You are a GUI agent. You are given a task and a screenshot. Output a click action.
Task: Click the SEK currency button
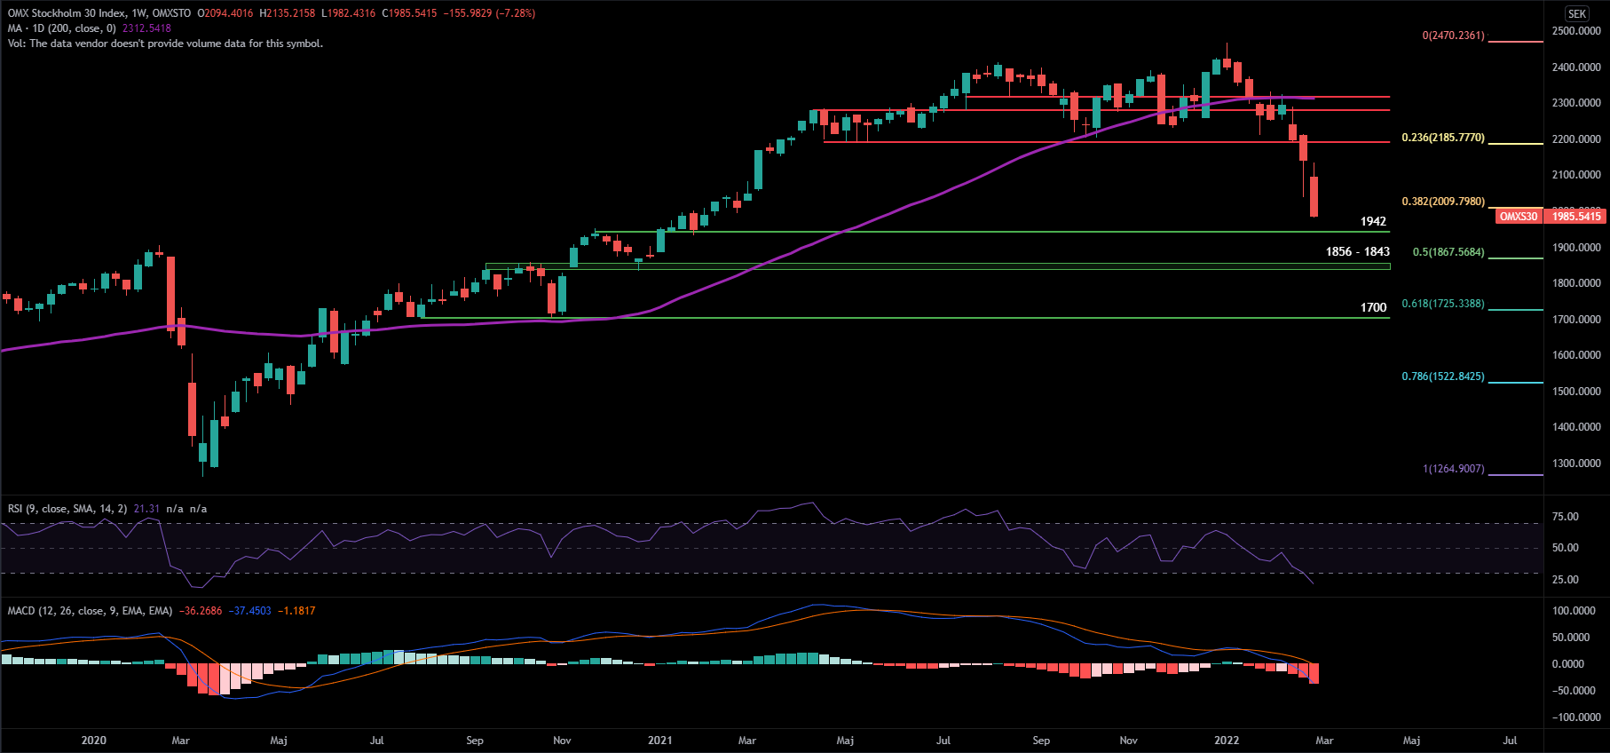click(x=1577, y=13)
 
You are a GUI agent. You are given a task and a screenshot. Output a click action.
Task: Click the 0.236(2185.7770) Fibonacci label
click(x=1442, y=138)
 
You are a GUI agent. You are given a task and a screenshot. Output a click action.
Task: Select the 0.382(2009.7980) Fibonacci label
click(x=1442, y=202)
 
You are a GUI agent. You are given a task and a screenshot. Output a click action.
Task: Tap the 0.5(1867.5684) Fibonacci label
click(x=1448, y=252)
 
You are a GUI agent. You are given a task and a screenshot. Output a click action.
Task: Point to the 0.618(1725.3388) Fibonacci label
click(x=1442, y=304)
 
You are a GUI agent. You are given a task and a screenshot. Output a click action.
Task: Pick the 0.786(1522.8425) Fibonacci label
click(x=1442, y=376)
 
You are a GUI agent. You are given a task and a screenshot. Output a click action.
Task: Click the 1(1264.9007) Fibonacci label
click(x=1453, y=469)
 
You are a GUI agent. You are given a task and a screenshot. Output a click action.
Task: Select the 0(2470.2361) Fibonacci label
click(x=1453, y=36)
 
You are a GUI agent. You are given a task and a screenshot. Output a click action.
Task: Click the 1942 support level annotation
click(x=1373, y=221)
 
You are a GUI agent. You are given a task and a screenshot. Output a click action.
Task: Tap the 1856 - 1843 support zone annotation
click(x=1357, y=251)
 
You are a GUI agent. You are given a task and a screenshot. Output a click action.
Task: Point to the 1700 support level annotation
click(x=1373, y=307)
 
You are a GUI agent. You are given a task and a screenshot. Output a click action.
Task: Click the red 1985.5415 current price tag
click(x=1576, y=216)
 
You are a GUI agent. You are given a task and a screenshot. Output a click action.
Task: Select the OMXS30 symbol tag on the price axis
click(x=1518, y=216)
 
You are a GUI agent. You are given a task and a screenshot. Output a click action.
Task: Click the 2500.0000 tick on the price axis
click(x=1576, y=31)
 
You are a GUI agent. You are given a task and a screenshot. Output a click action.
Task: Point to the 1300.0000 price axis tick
click(x=1576, y=464)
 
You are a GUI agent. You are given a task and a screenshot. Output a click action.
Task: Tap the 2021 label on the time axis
click(x=659, y=740)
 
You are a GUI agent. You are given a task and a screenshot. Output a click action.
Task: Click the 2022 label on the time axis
click(x=1227, y=740)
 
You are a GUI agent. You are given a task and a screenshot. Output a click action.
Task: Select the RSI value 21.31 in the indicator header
click(x=146, y=509)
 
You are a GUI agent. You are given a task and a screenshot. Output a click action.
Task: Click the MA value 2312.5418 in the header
click(x=146, y=28)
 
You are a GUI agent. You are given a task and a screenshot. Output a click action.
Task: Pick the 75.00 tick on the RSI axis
click(x=1565, y=517)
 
